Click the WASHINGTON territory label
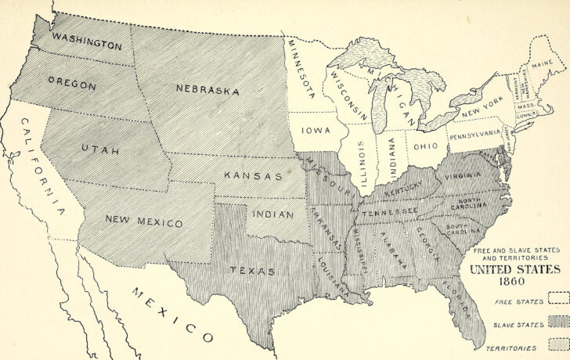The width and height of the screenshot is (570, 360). pos(87,41)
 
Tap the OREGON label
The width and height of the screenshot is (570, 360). pos(71,84)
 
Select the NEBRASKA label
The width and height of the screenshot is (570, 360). pos(207,91)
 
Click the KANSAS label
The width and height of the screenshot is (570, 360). pos(253,176)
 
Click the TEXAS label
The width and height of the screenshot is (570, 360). pos(251,271)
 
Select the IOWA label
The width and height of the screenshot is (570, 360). pos(316,131)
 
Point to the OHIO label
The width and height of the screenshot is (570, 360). pos(425,146)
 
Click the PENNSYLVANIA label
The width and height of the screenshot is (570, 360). pos(474,134)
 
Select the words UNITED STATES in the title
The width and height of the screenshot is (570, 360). pos(514,268)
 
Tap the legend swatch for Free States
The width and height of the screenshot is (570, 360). pos(557,298)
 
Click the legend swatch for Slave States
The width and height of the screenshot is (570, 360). pos(557,321)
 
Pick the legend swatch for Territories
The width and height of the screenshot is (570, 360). pos(557,344)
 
